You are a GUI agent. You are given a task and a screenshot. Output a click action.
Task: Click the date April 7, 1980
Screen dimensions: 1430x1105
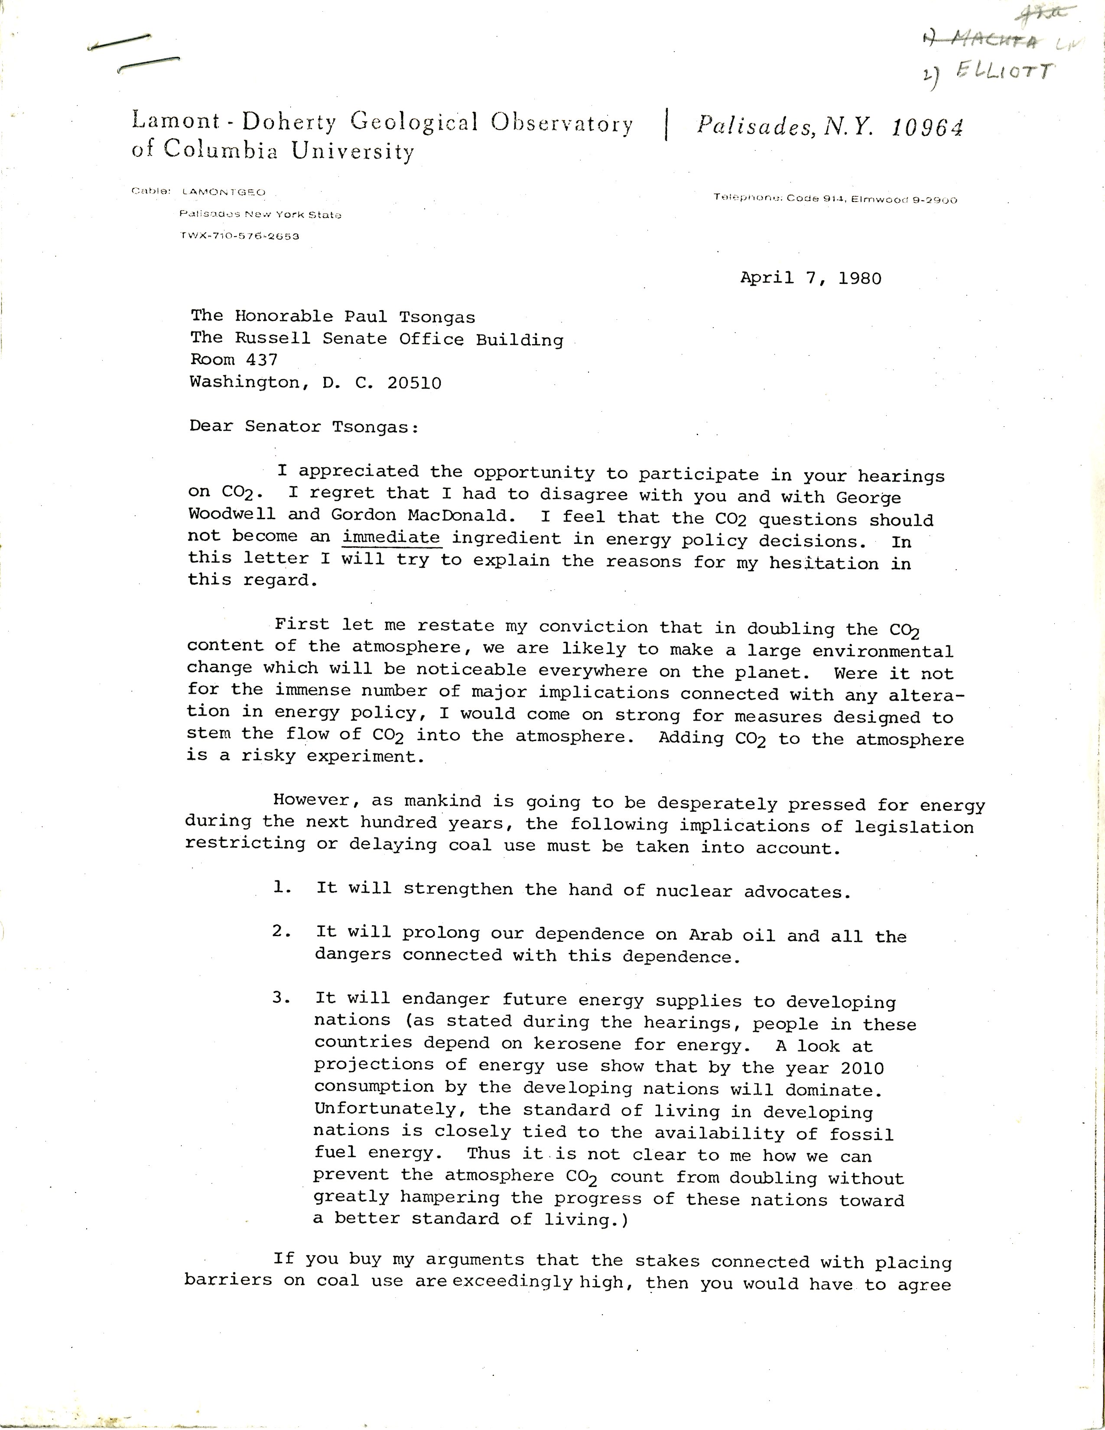click(810, 278)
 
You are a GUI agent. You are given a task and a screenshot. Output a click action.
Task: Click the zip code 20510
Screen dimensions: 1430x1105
click(414, 383)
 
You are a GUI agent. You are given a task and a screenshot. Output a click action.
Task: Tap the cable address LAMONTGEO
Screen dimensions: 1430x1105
click(224, 192)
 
